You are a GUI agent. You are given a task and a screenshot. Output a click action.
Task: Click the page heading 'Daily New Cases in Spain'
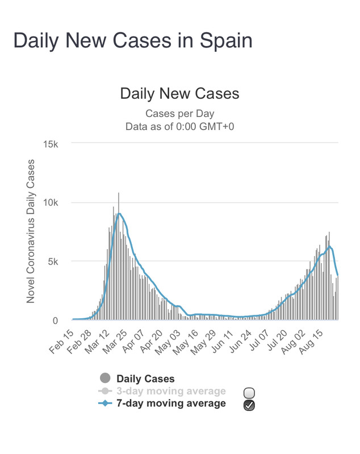point(132,41)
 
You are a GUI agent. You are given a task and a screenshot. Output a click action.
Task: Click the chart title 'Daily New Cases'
point(179,94)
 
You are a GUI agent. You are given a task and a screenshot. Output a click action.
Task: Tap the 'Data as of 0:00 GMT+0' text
point(179,126)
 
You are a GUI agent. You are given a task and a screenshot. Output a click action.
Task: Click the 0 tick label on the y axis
point(55,321)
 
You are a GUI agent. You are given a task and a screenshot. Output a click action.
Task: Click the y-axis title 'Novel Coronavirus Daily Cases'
point(31,232)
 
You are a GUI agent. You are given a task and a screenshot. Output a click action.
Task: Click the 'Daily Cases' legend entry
point(145,379)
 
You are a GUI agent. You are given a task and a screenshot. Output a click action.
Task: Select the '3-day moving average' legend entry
point(171,391)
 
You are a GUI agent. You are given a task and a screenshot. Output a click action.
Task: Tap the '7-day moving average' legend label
point(171,403)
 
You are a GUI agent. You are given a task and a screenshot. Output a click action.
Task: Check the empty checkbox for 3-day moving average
point(249,392)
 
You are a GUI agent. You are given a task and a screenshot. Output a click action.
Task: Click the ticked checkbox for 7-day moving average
point(249,405)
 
